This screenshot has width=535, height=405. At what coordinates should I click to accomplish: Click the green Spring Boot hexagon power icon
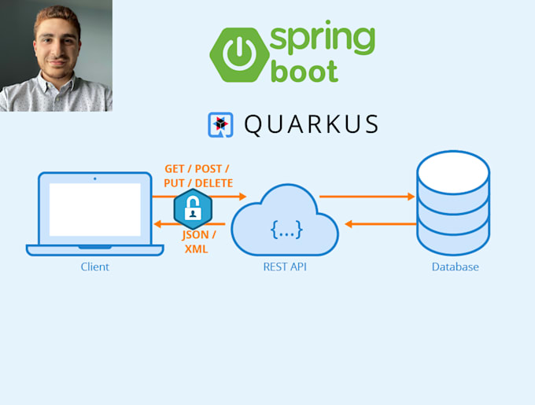[236, 55]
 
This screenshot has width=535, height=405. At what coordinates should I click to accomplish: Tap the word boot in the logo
[304, 71]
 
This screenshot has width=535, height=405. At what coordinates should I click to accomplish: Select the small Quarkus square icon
[220, 125]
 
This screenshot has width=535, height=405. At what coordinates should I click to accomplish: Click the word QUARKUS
[311, 125]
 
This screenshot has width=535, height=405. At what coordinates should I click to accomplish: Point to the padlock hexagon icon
[192, 210]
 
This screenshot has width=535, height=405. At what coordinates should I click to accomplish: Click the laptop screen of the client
[94, 210]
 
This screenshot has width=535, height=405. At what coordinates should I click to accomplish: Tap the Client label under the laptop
[94, 267]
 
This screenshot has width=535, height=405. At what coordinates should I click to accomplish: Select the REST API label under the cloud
[285, 267]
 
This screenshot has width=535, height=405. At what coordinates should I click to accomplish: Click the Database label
[455, 267]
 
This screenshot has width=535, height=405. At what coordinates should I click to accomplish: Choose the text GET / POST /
[197, 169]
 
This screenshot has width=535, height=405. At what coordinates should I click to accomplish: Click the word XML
[197, 249]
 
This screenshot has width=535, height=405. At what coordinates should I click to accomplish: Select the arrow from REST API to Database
[366, 197]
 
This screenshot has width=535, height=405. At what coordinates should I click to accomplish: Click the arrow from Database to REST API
[382, 224]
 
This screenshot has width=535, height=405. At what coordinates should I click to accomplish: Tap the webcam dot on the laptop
[95, 179]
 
